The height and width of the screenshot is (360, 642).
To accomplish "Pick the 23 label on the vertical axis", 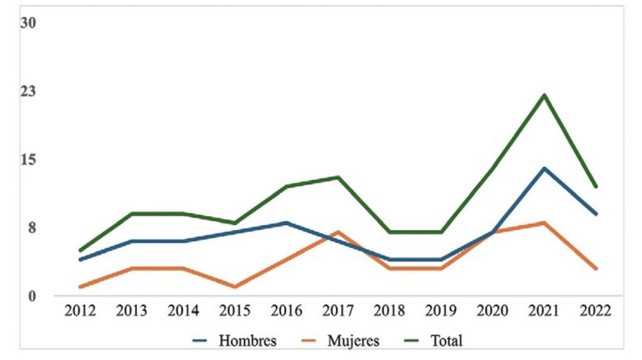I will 29,92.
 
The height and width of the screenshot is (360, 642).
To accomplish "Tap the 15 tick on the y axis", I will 29,159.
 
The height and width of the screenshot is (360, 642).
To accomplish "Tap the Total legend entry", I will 446,341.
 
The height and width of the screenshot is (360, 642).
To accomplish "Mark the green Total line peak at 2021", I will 544,95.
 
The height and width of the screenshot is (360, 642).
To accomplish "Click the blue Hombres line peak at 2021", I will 544,168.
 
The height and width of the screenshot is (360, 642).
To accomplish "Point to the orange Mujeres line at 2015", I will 235,287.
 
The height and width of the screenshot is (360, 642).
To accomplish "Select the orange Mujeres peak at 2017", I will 338,232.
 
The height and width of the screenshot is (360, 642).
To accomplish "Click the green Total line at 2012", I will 80,251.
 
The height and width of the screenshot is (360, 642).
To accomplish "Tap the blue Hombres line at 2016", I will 287,223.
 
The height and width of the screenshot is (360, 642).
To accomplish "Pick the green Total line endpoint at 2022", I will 596,186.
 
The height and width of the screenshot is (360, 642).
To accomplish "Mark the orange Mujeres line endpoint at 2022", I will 596,268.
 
